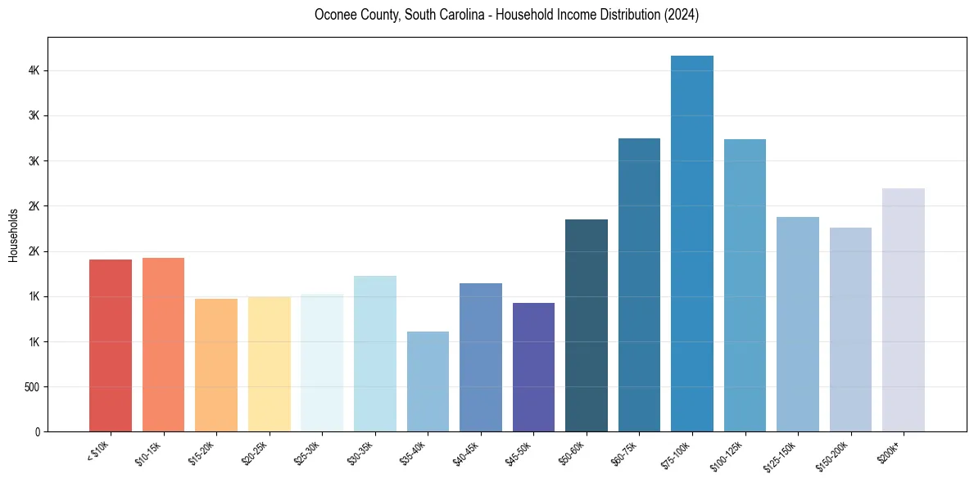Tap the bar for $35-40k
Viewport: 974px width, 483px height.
tap(428, 381)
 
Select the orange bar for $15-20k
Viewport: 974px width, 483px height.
tap(216, 365)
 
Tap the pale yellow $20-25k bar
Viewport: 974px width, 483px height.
tap(269, 364)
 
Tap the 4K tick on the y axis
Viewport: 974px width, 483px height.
tap(34, 71)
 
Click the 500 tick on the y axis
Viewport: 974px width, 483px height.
tap(32, 386)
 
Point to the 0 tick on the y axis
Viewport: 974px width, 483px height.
tap(38, 431)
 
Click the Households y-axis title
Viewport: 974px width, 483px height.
tap(13, 235)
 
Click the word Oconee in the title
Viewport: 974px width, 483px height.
tap(333, 15)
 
